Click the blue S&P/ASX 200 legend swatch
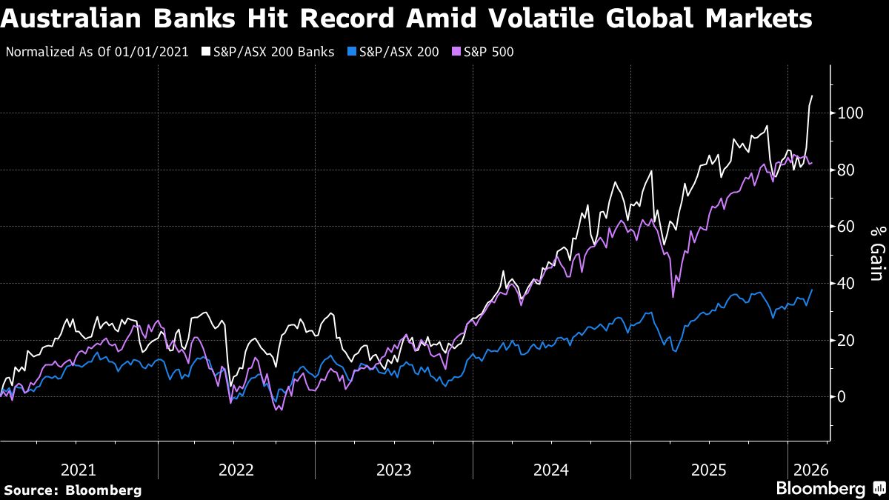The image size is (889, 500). (353, 52)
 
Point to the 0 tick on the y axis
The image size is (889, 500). (841, 397)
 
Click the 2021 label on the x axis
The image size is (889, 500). (79, 470)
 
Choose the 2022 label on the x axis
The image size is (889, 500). (236, 470)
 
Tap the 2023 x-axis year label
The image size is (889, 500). (393, 470)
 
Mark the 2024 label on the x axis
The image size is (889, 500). (551, 470)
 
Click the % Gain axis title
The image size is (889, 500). (876, 254)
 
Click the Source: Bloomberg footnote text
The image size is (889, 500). (73, 490)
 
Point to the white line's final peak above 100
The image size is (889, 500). (812, 96)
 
